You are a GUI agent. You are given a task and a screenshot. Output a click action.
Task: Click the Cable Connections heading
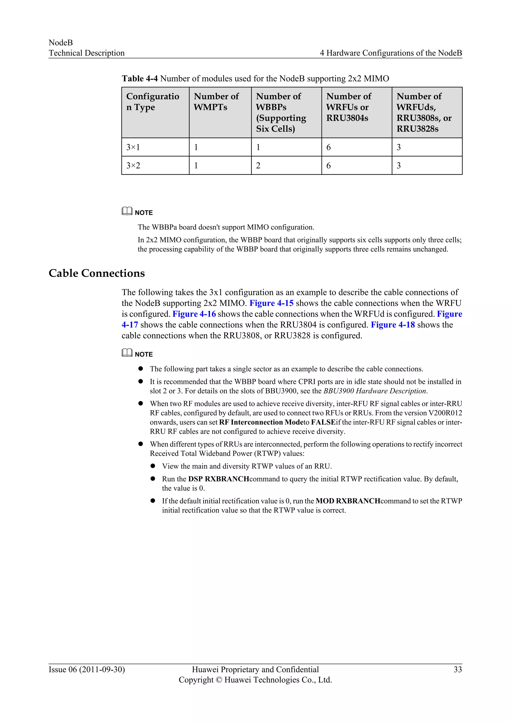[97, 273]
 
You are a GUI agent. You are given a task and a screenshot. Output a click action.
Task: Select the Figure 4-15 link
[271, 303]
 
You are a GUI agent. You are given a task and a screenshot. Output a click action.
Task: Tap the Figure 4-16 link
[194, 314]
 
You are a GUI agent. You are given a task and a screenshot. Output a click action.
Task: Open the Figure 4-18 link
[393, 325]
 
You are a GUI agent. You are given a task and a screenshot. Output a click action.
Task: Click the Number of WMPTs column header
[216, 101]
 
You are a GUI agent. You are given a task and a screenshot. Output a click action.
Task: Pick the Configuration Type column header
[153, 101]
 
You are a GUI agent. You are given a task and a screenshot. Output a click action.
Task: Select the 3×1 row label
[133, 147]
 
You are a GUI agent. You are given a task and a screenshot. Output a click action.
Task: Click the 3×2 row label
[133, 165]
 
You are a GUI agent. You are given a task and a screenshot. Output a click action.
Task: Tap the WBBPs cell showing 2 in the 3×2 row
[258, 165]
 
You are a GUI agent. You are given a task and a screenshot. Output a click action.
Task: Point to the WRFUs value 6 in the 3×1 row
[329, 147]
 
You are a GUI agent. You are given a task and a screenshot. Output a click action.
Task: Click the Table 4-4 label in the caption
[140, 78]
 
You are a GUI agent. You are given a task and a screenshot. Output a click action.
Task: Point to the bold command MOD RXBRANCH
[348, 501]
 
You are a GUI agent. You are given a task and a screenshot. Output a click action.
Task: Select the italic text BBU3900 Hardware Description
[375, 391]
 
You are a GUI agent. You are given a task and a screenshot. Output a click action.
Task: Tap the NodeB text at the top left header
[61, 43]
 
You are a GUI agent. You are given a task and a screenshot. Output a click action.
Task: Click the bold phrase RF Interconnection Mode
[261, 422]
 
